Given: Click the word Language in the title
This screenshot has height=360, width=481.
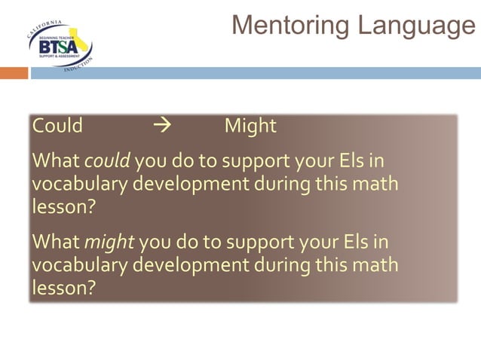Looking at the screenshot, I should coord(416,26).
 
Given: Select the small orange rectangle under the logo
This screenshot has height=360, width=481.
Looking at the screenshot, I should coord(14,73).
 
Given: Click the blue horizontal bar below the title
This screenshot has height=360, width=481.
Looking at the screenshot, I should coord(256,73).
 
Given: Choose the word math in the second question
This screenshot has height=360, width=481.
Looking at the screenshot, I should coord(375,266).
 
